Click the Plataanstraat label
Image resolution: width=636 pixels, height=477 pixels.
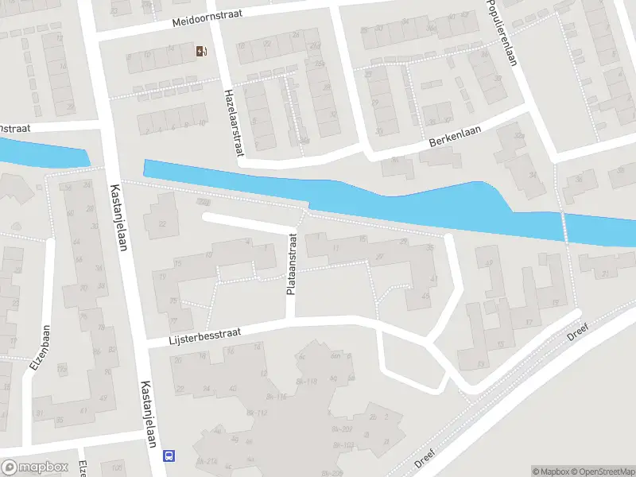(292, 264)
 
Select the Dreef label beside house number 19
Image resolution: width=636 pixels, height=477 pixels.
(578, 332)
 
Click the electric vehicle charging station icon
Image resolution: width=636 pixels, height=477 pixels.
(200, 52)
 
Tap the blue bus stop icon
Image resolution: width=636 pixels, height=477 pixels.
(169, 456)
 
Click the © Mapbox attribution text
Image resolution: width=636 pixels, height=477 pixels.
(550, 471)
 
